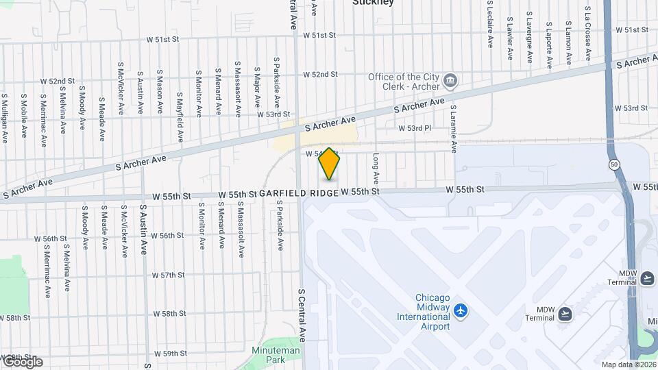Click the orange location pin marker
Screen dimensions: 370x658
pyautogui.click(x=330, y=164)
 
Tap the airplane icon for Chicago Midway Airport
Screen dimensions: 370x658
pyautogui.click(x=461, y=311)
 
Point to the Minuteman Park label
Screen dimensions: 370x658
pyautogui.click(x=284, y=355)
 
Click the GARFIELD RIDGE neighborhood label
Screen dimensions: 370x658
pyautogui.click(x=299, y=194)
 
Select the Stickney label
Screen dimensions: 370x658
pyautogui.click(x=373, y=3)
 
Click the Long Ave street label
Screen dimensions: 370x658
pyautogui.click(x=376, y=170)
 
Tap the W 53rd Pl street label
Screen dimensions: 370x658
pyautogui.click(x=415, y=128)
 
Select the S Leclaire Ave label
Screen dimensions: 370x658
pyautogui.click(x=490, y=25)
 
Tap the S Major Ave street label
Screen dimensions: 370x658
pyautogui.click(x=258, y=87)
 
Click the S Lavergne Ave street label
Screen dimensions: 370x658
pyautogui.click(x=529, y=38)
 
